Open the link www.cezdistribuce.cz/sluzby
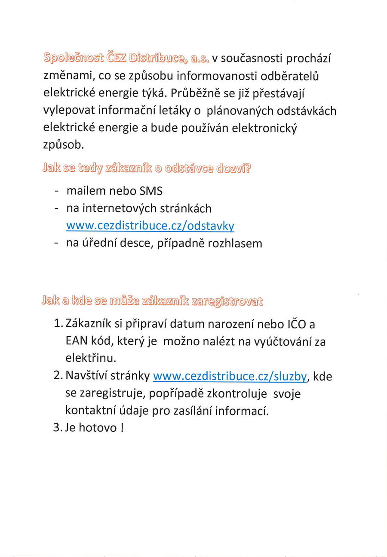click(230, 376)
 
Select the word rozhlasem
click(235, 243)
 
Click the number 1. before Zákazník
click(59, 324)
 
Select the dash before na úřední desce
click(56, 244)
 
